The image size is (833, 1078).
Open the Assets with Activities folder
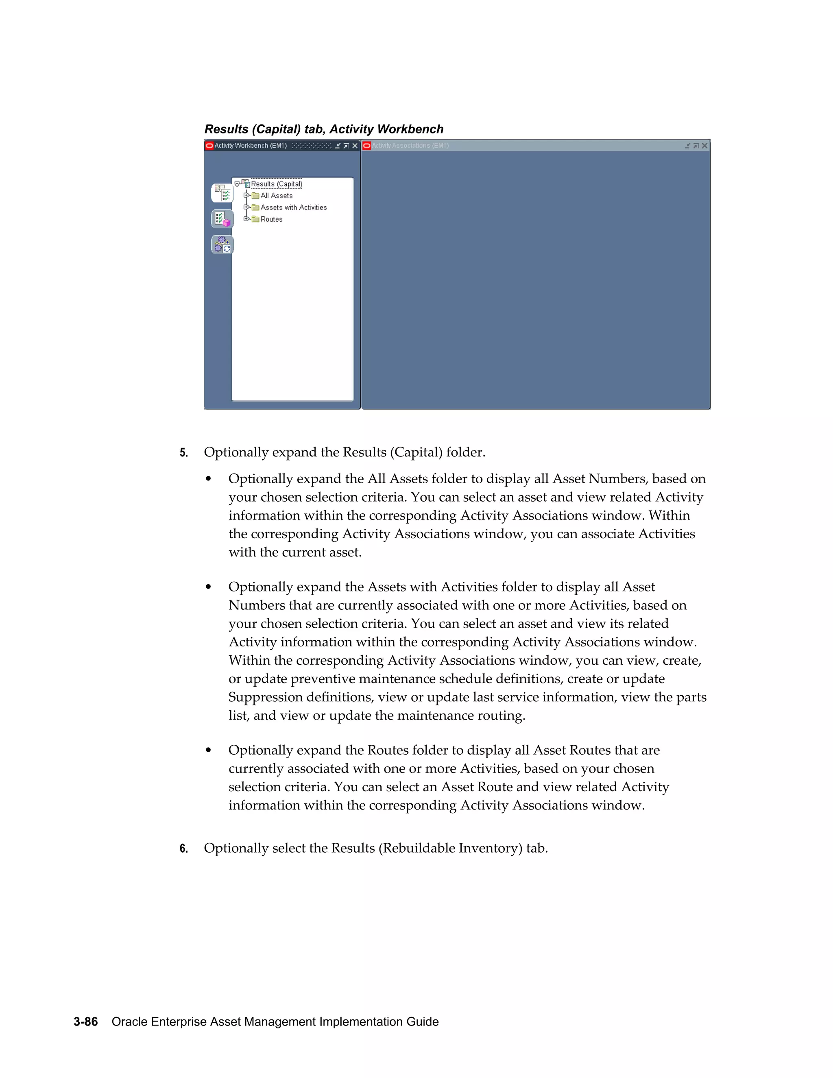pos(293,208)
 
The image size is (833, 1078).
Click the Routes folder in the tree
pos(271,220)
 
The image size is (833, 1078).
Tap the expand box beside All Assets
pos(246,195)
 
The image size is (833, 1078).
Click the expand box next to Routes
pos(246,219)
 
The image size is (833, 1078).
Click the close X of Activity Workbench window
pos(355,146)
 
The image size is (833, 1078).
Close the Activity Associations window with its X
pos(705,146)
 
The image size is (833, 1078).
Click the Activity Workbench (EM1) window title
pos(250,146)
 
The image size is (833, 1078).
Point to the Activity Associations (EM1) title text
pos(410,146)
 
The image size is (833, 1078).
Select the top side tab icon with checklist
pos(222,193)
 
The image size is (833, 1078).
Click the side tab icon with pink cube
pos(222,219)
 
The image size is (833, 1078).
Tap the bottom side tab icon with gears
pos(222,244)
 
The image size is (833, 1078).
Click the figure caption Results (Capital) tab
pos(324,129)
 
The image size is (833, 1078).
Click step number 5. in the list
pos(183,453)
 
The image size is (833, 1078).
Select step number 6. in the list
pos(183,849)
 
